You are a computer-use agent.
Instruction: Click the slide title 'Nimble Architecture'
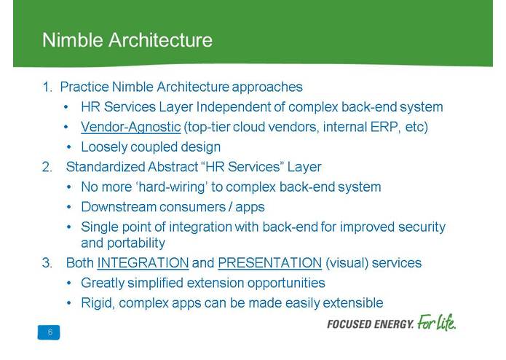127,39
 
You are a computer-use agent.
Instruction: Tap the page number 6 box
50,332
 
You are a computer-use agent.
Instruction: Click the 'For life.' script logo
436,321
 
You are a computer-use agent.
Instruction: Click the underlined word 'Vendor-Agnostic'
130,127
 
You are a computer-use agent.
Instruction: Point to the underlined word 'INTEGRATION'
143,262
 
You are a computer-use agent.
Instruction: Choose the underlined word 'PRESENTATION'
269,262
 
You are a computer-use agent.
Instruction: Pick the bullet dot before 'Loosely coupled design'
67,147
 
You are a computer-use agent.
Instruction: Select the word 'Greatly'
103,282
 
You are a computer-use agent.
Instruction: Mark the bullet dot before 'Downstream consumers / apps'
67,207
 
